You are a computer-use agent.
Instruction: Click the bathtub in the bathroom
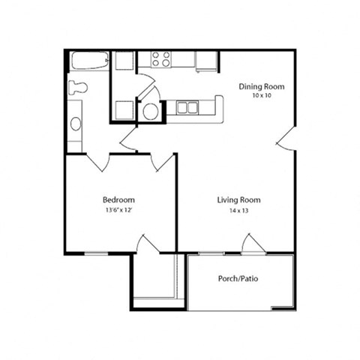click(x=89, y=61)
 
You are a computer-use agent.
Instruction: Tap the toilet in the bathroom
click(x=77, y=87)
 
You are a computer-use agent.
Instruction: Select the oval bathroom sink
click(x=76, y=124)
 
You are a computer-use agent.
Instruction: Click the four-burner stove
click(x=161, y=59)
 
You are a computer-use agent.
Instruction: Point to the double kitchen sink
click(x=187, y=108)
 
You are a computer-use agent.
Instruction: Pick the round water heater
click(x=151, y=112)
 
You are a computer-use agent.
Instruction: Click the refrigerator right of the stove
click(x=206, y=61)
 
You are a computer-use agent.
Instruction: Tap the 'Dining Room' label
click(x=262, y=86)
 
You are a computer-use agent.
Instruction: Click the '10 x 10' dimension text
click(x=262, y=97)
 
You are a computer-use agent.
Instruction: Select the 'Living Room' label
click(x=238, y=199)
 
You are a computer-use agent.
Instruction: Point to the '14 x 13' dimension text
click(x=238, y=211)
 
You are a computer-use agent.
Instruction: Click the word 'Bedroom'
click(x=118, y=199)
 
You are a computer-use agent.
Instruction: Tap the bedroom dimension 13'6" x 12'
click(x=118, y=211)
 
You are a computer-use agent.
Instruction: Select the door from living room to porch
click(x=253, y=244)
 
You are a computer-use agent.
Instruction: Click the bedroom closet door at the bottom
click(x=148, y=244)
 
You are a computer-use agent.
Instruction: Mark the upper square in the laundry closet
click(x=124, y=61)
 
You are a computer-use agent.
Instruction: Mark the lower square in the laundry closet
click(x=124, y=109)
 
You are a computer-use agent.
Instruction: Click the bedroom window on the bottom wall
click(x=96, y=253)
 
